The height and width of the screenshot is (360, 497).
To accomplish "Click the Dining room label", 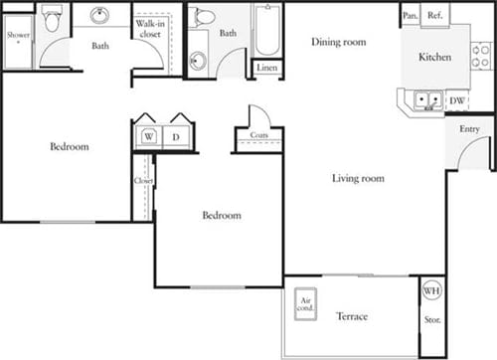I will [338, 42].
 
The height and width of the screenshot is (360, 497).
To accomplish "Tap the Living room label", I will [358, 179].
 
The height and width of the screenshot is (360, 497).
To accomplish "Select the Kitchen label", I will [434, 58].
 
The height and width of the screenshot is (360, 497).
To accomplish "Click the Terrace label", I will [351, 316].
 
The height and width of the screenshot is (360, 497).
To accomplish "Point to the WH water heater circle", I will [431, 291].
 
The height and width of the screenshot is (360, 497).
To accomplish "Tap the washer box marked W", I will [148, 136].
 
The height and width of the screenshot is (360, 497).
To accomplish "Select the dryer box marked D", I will [176, 136].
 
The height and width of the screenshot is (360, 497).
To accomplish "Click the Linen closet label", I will [266, 68].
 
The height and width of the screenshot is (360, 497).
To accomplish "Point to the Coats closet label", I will [258, 135].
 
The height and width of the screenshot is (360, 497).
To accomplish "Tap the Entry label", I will [469, 129].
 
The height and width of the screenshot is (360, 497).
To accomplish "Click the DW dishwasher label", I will [457, 99].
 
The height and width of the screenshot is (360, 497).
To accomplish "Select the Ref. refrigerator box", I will [433, 15].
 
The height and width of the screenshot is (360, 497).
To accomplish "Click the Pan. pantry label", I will [410, 15].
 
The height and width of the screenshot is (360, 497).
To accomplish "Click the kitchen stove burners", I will [481, 55].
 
